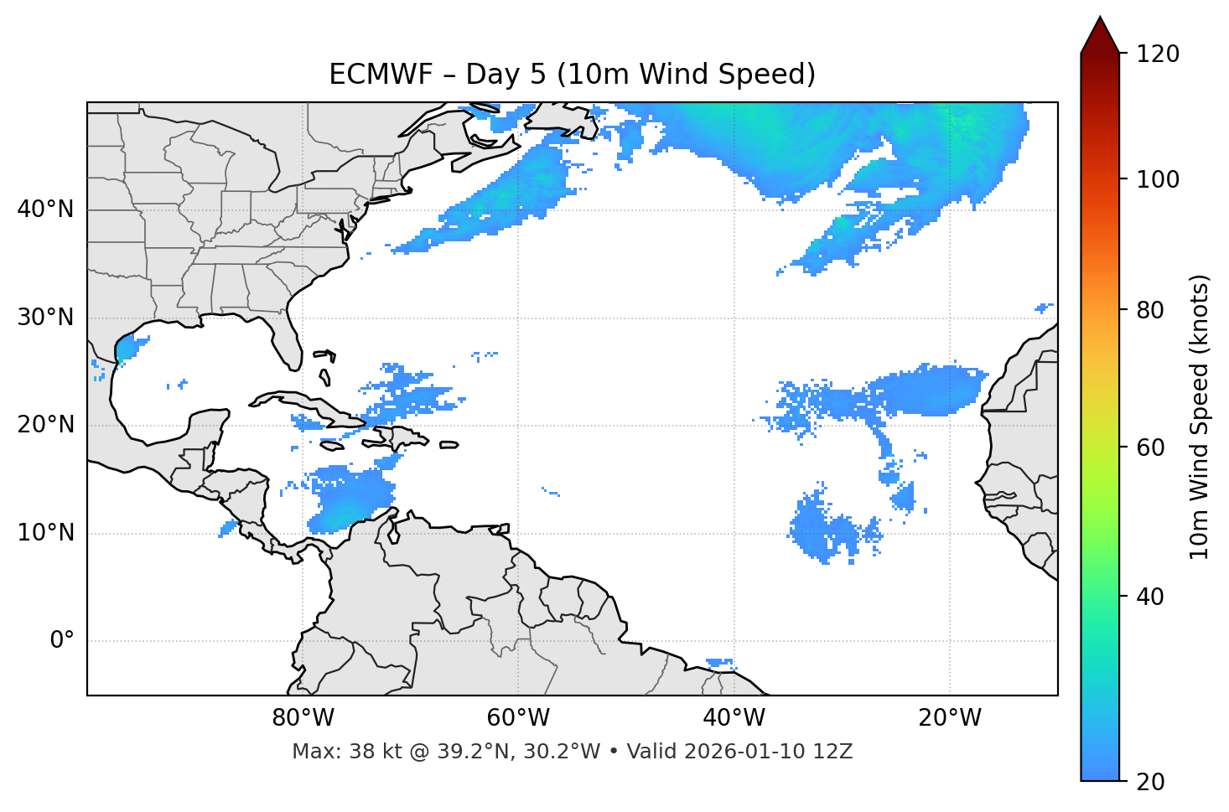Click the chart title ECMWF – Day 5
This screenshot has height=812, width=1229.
[x=572, y=75]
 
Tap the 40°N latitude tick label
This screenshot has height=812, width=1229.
[x=45, y=209]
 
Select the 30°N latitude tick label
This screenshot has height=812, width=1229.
[x=45, y=318]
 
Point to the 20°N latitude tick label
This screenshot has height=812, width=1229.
[x=45, y=425]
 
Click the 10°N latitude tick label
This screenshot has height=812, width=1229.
[x=45, y=533]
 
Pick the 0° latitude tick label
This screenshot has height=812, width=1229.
[x=62, y=641]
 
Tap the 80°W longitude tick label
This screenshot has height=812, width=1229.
[x=303, y=718]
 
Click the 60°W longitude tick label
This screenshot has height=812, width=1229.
[x=518, y=718]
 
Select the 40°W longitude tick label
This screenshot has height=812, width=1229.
[x=734, y=718]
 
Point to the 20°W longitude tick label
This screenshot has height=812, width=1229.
[x=949, y=718]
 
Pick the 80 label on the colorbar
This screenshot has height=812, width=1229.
[x=1151, y=310]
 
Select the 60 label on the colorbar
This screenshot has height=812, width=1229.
[x=1151, y=447]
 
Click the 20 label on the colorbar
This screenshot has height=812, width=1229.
[x=1151, y=782]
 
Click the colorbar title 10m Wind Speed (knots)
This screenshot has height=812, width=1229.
[x=1200, y=416]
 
